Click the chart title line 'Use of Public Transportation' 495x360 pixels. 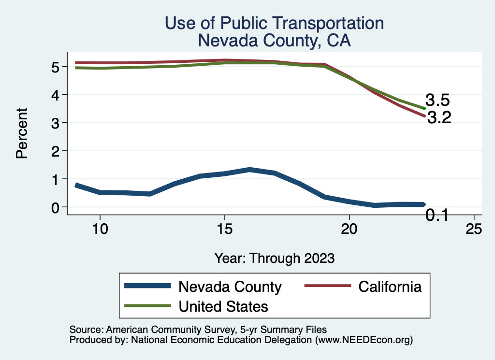(274, 23)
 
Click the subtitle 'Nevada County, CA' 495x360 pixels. (274, 41)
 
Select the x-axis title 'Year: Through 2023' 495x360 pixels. (275, 258)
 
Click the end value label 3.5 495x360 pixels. (438, 101)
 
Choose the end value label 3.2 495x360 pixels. (439, 117)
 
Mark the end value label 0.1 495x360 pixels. (437, 216)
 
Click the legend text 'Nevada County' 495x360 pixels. (230, 287)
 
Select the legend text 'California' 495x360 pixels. (390, 287)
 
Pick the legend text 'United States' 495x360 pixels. (223, 306)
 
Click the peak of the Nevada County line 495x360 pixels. (249, 170)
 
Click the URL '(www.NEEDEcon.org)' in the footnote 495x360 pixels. (364, 340)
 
